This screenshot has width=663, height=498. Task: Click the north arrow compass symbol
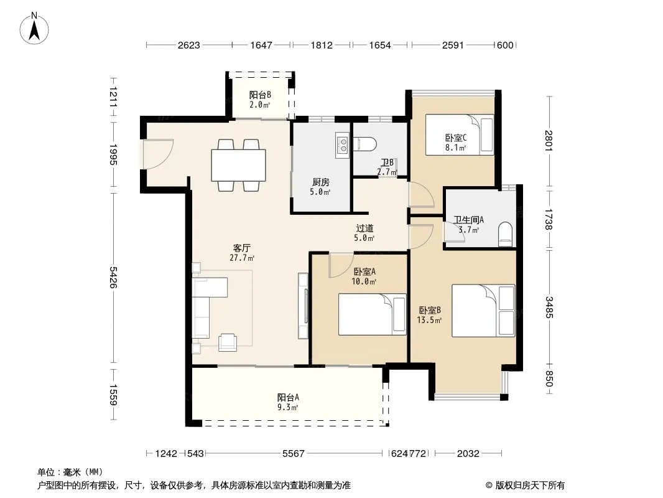click(x=34, y=28)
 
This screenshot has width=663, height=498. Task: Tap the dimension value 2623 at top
click(x=188, y=45)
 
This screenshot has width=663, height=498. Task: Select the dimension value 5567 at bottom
click(x=294, y=454)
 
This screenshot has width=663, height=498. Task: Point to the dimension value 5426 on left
click(x=113, y=278)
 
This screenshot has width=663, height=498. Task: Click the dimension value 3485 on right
click(x=549, y=307)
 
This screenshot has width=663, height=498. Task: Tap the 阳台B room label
click(x=260, y=95)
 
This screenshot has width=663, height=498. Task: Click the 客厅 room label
click(x=242, y=248)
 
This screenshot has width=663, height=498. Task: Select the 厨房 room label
click(x=320, y=182)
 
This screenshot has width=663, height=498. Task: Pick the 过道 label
click(x=364, y=228)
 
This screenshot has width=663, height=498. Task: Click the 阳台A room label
click(x=289, y=397)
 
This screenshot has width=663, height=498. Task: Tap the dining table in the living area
click(x=238, y=165)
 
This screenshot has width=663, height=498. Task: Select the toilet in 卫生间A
click(x=505, y=235)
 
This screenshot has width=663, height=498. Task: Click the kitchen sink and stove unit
click(x=342, y=145)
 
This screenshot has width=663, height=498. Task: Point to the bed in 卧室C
click(x=460, y=134)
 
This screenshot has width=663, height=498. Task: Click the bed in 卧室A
click(x=372, y=314)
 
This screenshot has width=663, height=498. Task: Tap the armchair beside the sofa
click(x=228, y=342)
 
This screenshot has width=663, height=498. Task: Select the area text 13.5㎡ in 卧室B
click(x=430, y=321)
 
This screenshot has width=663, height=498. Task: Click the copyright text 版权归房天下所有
click(x=530, y=486)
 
